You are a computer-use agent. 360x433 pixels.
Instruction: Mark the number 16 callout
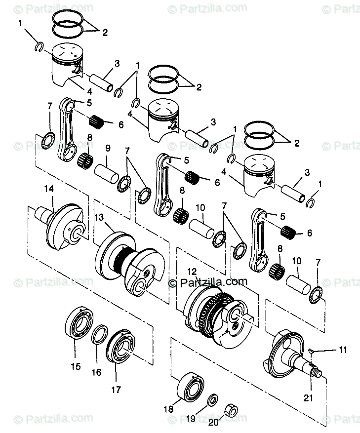(x=96, y=373)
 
